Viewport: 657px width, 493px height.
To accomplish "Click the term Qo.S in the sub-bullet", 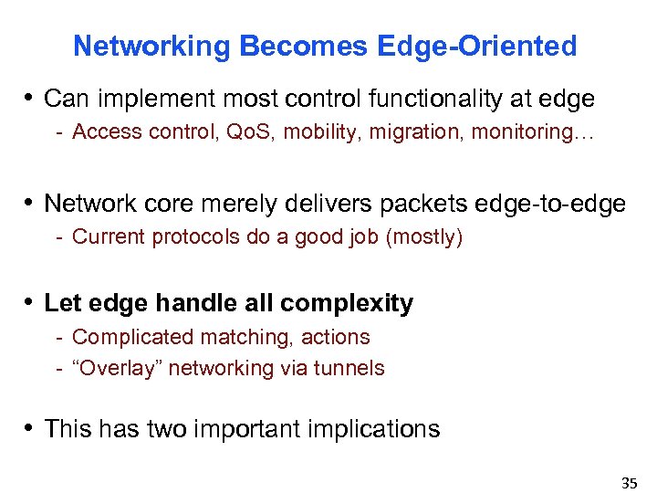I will (250, 132).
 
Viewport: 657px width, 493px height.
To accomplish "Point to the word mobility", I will (317, 132).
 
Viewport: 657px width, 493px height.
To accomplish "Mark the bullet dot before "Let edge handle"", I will (30, 303).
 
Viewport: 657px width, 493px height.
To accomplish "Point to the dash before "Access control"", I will (58, 132).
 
